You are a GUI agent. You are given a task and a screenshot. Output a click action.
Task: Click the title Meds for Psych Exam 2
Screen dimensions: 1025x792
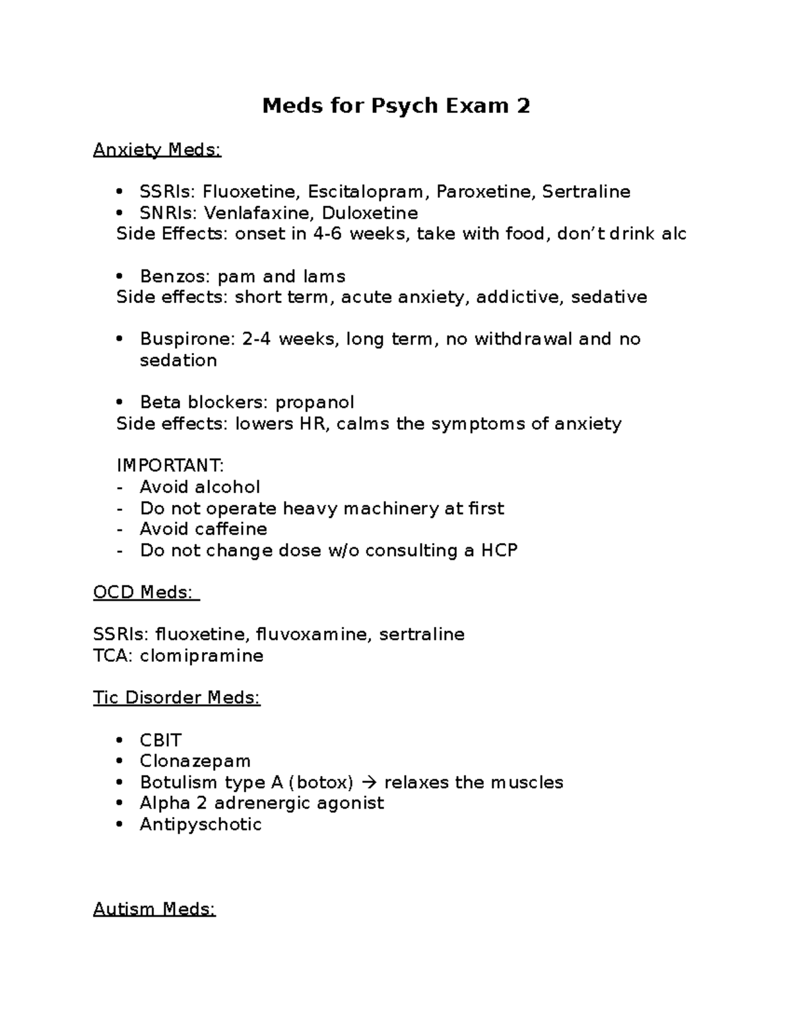click(x=396, y=106)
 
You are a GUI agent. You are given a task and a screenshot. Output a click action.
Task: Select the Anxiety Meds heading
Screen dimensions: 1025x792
click(x=157, y=150)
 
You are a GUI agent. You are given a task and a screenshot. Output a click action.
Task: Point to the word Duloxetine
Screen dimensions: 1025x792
click(x=370, y=213)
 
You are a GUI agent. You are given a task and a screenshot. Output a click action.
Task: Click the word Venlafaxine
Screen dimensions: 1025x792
click(x=259, y=213)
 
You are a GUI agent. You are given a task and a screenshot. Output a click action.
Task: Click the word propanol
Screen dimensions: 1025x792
click(x=315, y=403)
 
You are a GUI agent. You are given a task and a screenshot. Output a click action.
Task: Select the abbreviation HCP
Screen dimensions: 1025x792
click(x=499, y=550)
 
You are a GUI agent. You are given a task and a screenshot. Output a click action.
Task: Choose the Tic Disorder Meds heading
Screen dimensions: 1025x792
click(x=177, y=698)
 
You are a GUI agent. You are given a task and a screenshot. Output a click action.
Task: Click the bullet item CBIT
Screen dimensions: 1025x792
click(x=160, y=740)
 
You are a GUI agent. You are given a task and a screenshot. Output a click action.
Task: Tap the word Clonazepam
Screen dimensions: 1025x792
click(x=195, y=761)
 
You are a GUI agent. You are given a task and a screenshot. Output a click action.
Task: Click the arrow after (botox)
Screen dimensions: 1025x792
click(x=369, y=783)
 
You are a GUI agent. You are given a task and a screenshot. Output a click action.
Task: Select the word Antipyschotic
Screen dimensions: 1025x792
click(x=201, y=824)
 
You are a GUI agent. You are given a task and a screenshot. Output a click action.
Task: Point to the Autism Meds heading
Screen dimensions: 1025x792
click(x=154, y=909)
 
